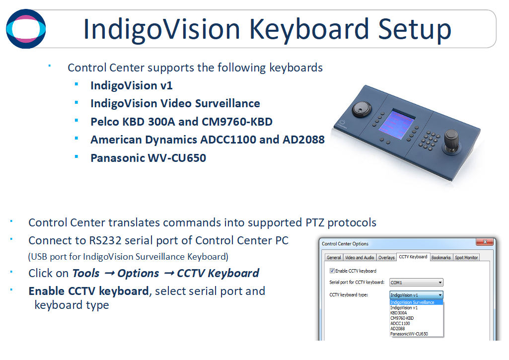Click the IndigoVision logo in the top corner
point(26,29)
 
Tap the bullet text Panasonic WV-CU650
point(148,158)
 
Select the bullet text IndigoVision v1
point(131,85)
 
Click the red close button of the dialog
point(484,243)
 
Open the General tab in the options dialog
point(334,258)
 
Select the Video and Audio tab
point(360,258)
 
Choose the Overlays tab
point(386,258)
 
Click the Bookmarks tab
point(441,258)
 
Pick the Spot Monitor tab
point(467,258)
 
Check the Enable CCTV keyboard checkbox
point(332,271)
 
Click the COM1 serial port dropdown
point(416,283)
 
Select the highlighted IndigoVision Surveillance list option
point(416,302)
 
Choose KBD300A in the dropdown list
point(398,313)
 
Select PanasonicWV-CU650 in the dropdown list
point(409,334)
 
